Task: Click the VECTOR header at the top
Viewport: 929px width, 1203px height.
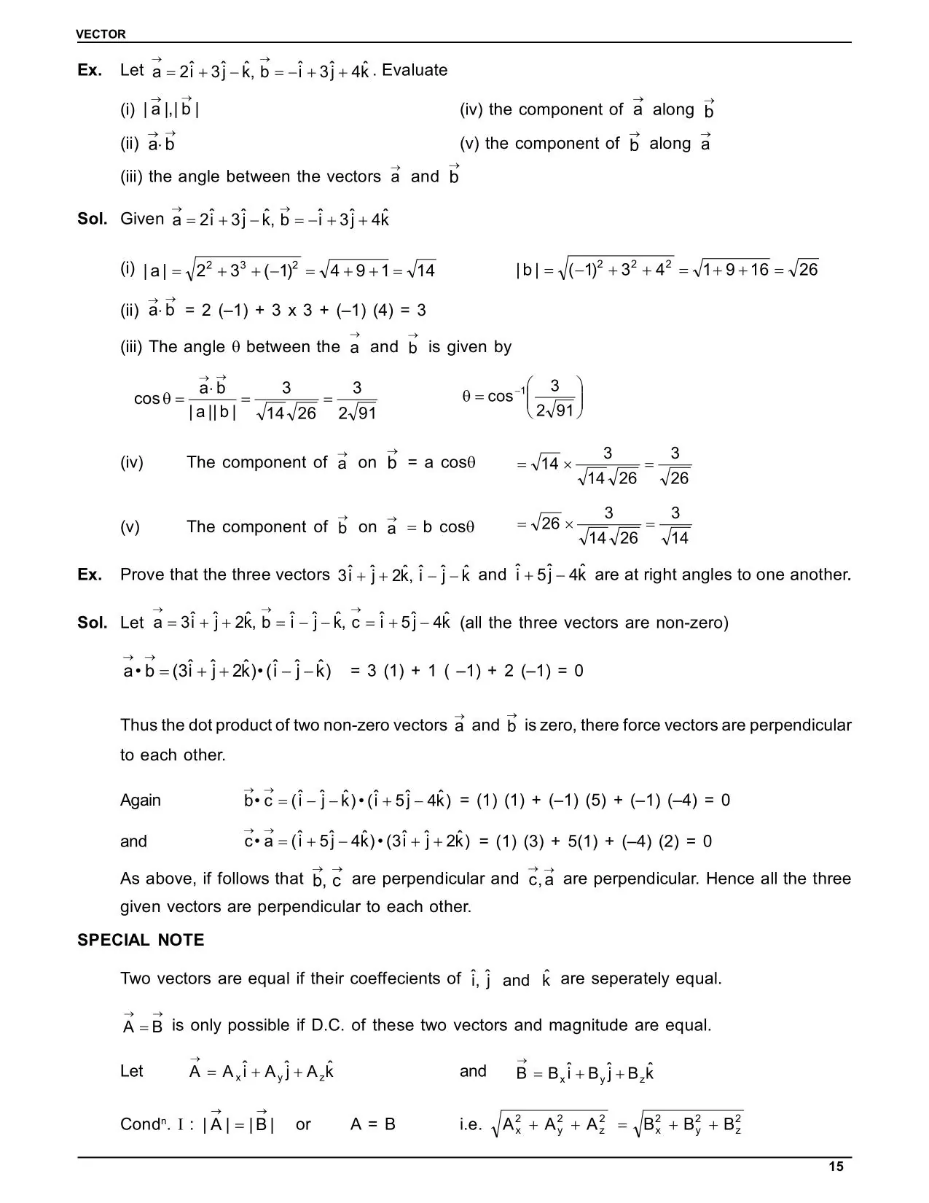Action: point(101,34)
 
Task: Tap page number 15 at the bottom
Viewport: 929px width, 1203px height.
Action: point(836,1167)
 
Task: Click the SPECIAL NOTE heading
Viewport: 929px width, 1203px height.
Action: point(141,941)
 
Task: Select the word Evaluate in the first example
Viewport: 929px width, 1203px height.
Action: point(415,71)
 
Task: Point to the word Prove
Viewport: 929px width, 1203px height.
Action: point(142,575)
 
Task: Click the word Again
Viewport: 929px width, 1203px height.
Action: point(140,801)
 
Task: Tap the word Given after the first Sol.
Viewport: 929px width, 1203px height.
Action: point(142,219)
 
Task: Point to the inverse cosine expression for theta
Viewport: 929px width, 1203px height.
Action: point(523,397)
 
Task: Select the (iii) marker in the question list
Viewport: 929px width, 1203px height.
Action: point(132,176)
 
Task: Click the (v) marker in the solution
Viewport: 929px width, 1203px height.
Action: point(130,526)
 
